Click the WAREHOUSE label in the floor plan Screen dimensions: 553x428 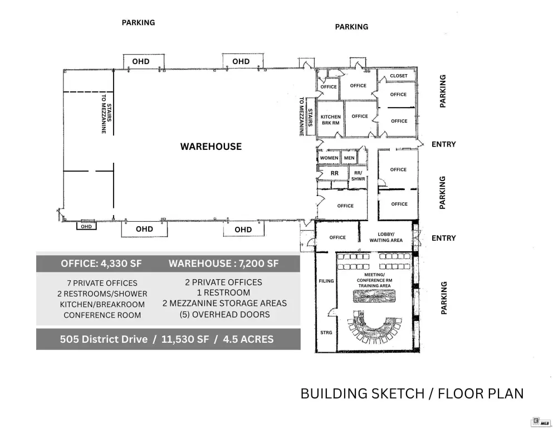[211, 147]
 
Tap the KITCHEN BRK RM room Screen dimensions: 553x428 [330, 120]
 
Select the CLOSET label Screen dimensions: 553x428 [399, 76]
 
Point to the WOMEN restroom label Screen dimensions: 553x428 [329, 158]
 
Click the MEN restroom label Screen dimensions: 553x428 [349, 158]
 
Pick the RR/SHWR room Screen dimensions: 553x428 [358, 176]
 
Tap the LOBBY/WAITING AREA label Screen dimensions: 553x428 [386, 237]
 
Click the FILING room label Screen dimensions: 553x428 [326, 281]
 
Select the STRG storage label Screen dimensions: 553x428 [326, 332]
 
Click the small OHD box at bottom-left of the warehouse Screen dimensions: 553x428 [86, 226]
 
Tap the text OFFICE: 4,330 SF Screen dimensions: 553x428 [101, 264]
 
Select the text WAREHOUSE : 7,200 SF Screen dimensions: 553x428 [224, 264]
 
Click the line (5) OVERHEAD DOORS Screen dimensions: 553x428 [224, 314]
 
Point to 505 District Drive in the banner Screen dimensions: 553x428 [104, 339]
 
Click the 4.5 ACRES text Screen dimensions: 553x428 [248, 339]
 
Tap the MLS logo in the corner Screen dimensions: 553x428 [541, 422]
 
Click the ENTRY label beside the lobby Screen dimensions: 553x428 [444, 238]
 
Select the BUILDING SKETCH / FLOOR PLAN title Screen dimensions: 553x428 [412, 393]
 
